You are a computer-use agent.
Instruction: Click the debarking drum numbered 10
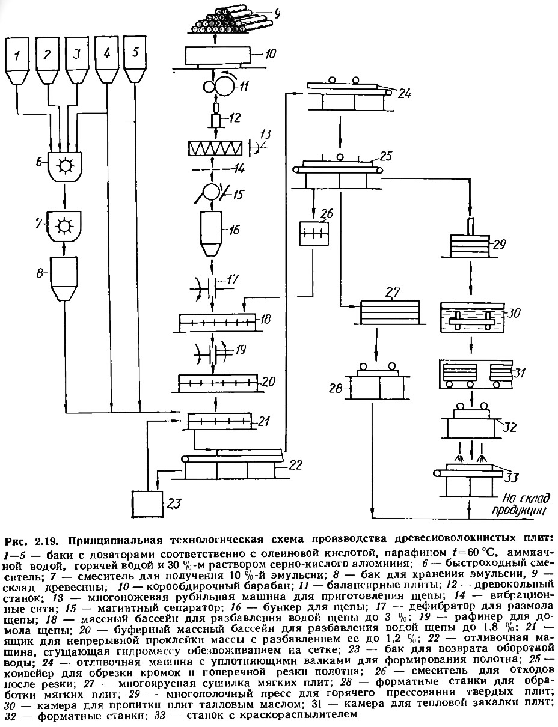[x=217, y=57]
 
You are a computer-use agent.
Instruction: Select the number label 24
[x=405, y=93]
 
